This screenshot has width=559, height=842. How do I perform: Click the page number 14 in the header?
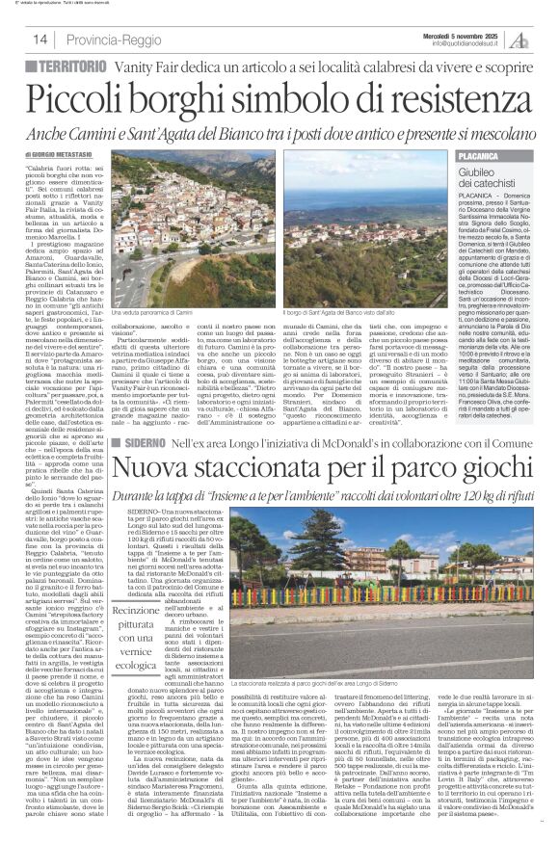(x=40, y=39)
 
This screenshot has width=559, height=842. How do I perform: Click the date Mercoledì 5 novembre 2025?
(x=465, y=33)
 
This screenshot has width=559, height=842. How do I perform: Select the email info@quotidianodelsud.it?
(x=468, y=43)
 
